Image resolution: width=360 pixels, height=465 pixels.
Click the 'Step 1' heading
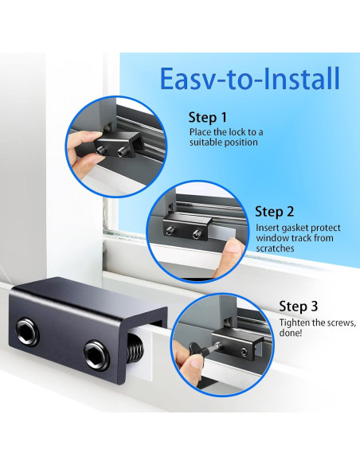(208, 118)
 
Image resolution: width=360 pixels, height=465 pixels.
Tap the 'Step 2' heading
(274, 212)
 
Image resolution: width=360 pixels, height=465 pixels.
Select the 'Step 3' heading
(299, 307)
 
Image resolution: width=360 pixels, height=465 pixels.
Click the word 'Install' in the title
(301, 79)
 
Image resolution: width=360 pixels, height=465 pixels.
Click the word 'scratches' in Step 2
(275, 248)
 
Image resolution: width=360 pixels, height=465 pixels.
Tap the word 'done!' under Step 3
(291, 333)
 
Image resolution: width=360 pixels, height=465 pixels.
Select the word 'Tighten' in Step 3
(294, 323)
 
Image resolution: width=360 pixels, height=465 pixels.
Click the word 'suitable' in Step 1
(205, 143)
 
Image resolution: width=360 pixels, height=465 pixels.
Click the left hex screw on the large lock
(28, 331)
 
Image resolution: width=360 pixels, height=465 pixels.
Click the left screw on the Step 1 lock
(101, 150)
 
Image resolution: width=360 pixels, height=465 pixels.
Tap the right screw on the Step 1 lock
(121, 152)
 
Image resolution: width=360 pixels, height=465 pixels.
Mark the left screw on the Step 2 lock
(170, 231)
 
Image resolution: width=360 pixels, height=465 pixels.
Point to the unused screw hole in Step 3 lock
(244, 352)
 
